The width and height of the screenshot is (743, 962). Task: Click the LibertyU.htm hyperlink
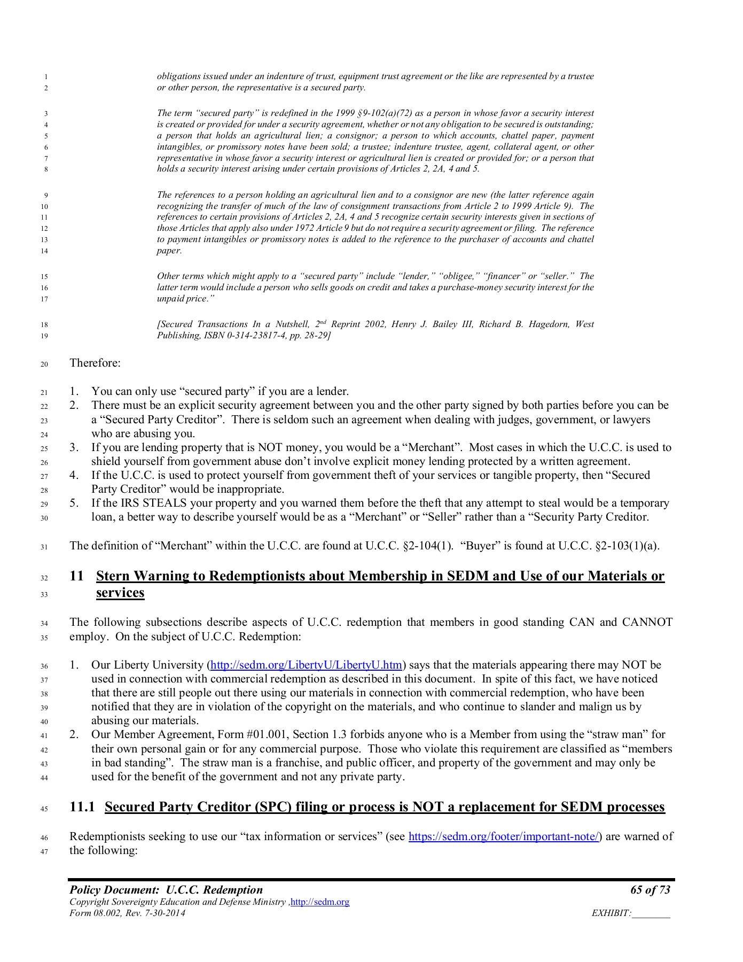[306, 665]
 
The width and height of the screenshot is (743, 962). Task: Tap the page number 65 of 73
[650, 890]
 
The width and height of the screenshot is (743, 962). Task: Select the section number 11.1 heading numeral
[82, 807]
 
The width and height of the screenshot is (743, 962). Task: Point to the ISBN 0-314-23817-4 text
[238, 336]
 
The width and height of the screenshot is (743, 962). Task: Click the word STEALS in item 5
[173, 503]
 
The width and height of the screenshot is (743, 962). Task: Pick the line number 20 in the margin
[44, 365]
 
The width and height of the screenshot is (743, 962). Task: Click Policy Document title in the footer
[166, 890]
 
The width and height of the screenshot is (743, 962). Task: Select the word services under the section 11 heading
[120, 593]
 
